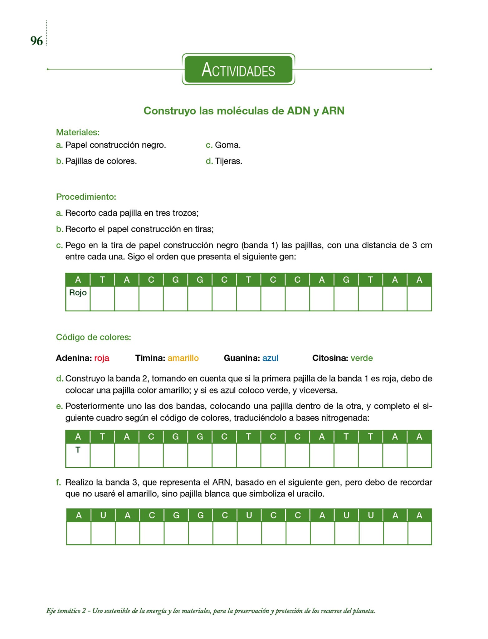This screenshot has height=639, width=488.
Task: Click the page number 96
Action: click(37, 41)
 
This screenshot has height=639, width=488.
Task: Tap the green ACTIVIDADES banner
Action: click(238, 69)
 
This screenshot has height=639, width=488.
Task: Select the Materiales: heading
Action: click(78, 132)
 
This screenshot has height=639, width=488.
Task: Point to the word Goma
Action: click(227, 145)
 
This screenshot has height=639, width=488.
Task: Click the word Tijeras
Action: click(228, 161)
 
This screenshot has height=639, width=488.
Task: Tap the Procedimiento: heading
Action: click(86, 197)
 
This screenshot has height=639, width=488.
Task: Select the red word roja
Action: click(101, 358)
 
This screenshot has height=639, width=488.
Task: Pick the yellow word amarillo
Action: click(183, 358)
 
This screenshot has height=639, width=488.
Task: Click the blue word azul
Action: click(270, 358)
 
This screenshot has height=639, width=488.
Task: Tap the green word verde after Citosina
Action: click(361, 358)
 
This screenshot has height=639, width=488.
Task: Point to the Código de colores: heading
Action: click(93, 337)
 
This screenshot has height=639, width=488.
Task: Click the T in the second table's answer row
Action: click(78, 450)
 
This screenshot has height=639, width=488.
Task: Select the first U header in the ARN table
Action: click(103, 515)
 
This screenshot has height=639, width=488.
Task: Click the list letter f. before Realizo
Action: click(58, 482)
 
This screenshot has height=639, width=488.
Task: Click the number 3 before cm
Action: click(414, 245)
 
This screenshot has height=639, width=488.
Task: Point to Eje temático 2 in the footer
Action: click(66, 611)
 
